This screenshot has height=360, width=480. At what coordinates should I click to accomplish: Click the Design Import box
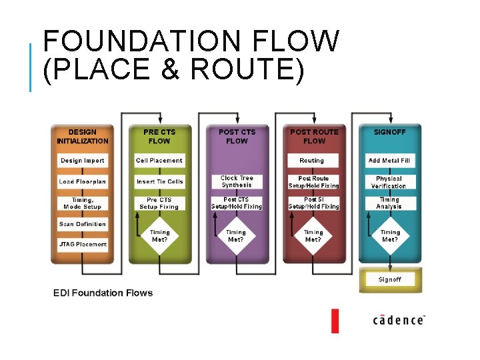82,161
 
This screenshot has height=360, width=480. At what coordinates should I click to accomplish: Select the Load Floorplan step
82,181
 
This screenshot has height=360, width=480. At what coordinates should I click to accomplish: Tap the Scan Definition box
82,224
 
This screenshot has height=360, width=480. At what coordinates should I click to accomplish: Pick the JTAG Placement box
82,244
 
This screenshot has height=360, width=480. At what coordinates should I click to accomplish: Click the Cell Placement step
159,161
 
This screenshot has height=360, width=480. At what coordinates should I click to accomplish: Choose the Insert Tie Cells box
159,181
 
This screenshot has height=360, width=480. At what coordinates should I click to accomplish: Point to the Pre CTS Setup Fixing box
159,203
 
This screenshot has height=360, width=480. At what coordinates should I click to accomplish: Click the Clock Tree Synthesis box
237,181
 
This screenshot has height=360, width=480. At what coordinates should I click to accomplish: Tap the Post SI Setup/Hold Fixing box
313,203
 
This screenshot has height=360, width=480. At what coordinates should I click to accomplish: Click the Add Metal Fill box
389,161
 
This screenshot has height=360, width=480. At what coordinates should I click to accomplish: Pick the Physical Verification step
389,182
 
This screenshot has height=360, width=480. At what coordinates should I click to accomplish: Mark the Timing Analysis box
389,203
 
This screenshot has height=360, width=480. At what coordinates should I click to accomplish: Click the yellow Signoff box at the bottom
389,279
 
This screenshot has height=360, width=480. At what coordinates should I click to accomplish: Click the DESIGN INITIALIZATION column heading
82,137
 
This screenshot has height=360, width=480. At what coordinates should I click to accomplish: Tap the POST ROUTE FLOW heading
314,137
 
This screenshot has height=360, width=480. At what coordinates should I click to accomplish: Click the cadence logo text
398,320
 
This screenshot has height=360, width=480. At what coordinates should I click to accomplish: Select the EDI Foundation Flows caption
103,293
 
